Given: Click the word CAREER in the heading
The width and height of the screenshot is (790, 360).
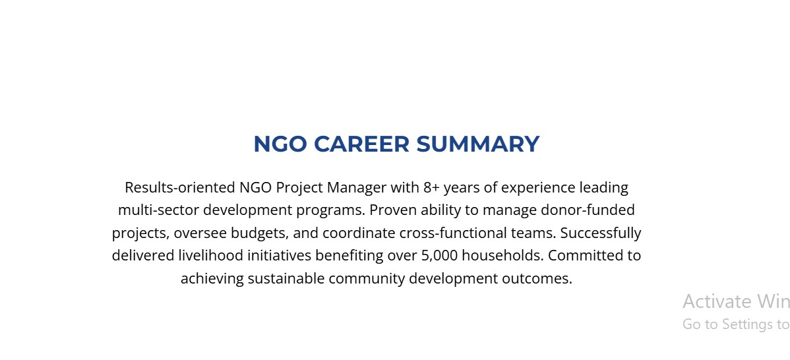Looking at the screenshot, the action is (361, 144).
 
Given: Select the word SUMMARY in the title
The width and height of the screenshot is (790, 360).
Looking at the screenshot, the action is (477, 144).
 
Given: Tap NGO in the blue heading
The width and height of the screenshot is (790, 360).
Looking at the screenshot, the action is (280, 144).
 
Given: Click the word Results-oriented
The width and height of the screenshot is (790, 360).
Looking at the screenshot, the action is (181, 187).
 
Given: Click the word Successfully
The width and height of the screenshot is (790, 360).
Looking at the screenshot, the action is (601, 234).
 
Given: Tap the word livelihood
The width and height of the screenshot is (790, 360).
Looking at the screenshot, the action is (211, 256).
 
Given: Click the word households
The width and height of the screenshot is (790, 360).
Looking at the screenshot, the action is (503, 256).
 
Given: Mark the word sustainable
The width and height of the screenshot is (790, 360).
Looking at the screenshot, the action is (286, 278).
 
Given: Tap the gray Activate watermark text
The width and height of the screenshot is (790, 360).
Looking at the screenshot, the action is (715, 301).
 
